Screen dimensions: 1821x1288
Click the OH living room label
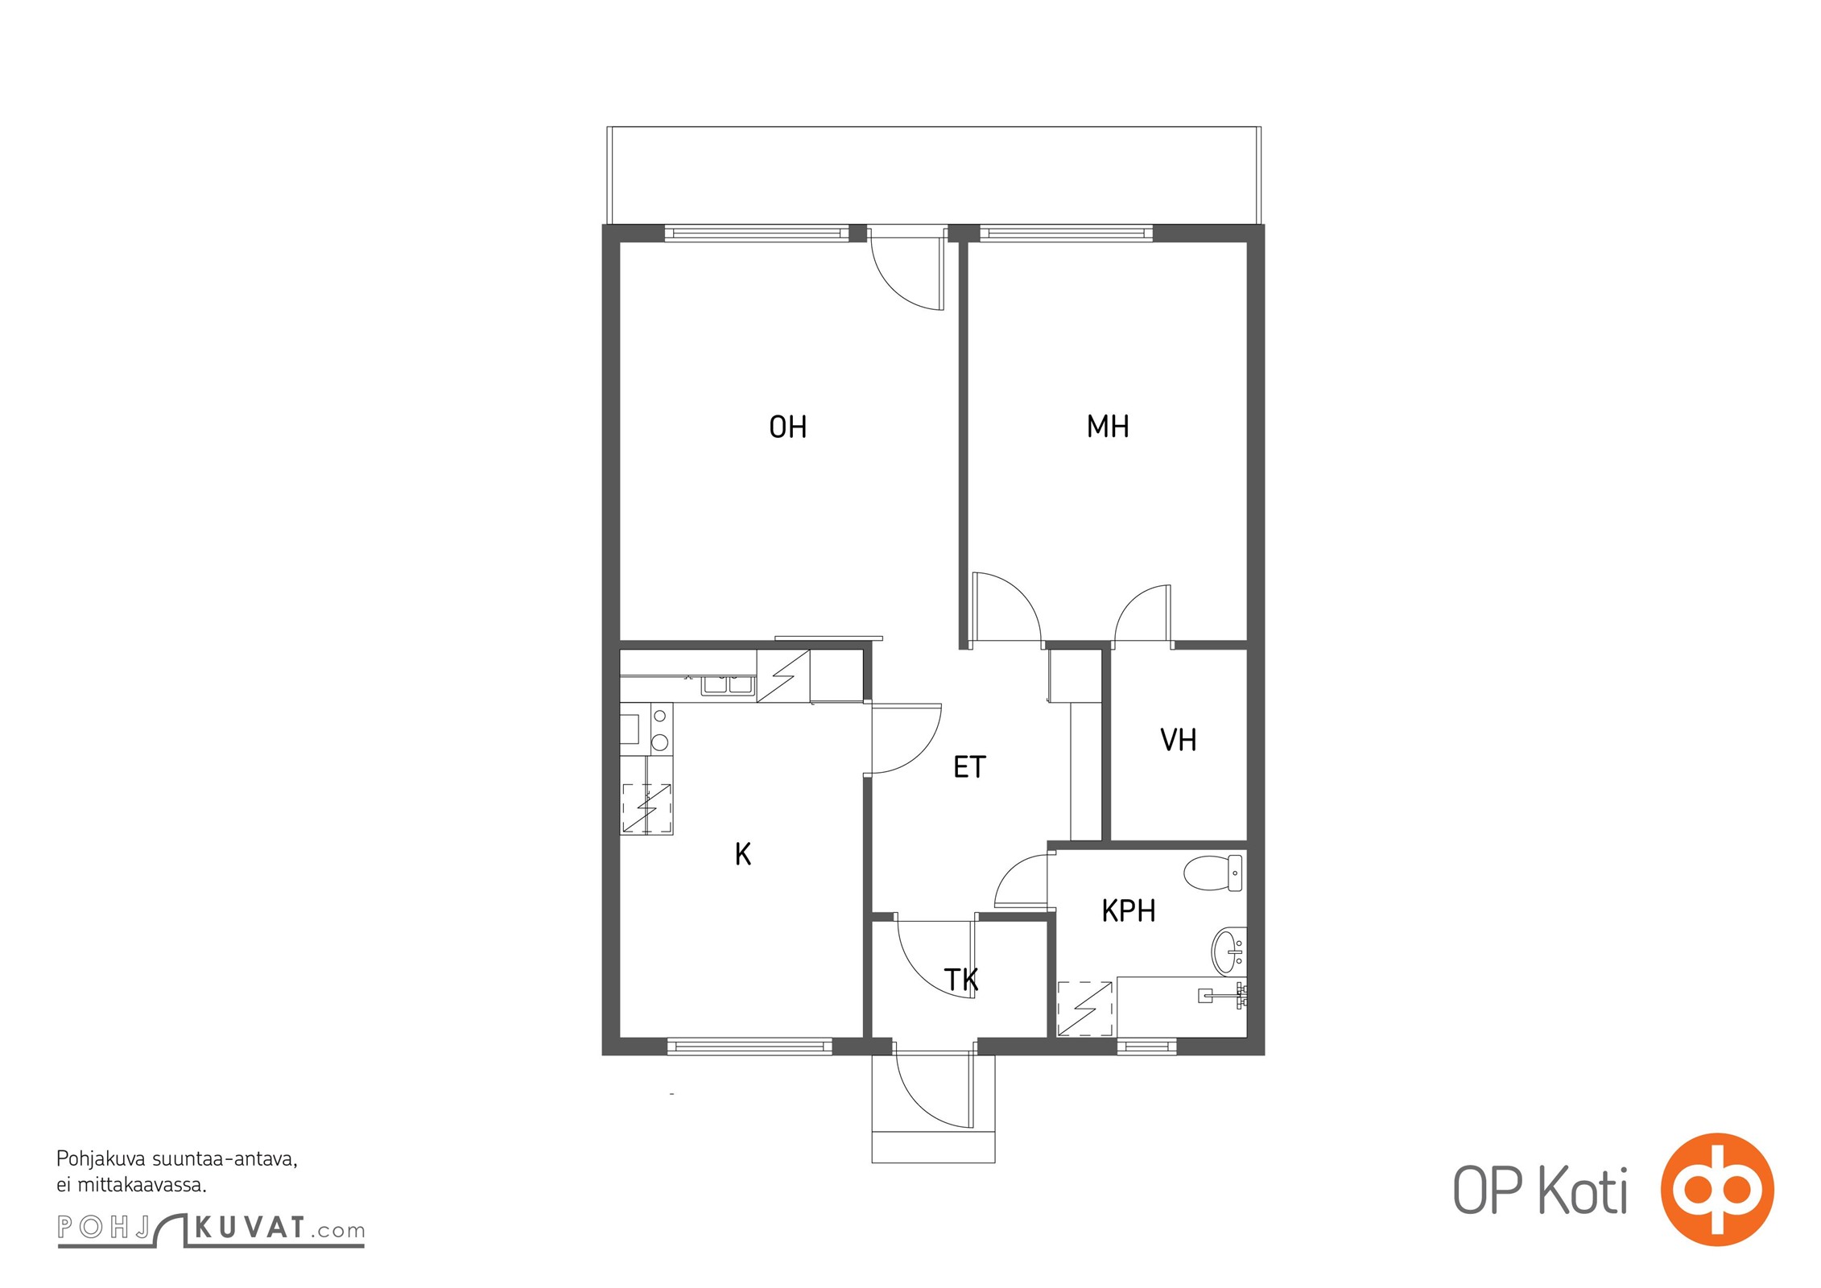(x=787, y=427)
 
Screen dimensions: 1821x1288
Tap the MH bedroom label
(x=1108, y=426)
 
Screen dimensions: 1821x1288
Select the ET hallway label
(x=969, y=767)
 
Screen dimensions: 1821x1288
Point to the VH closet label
(x=1179, y=740)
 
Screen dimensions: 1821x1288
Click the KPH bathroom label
(x=1129, y=910)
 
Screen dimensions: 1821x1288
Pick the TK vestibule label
(x=961, y=980)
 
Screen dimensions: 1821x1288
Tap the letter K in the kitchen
(x=743, y=854)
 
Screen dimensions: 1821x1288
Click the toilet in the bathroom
(x=1213, y=873)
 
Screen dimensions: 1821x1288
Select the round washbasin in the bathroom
(x=1229, y=951)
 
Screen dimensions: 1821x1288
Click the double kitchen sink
(x=728, y=684)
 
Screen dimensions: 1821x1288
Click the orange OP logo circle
(x=1717, y=1189)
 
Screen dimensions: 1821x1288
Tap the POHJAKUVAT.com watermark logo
(x=211, y=1228)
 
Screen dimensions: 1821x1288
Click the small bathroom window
(x=1147, y=1046)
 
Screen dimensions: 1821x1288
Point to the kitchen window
(x=749, y=1046)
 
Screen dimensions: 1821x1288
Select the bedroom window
(x=1066, y=233)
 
